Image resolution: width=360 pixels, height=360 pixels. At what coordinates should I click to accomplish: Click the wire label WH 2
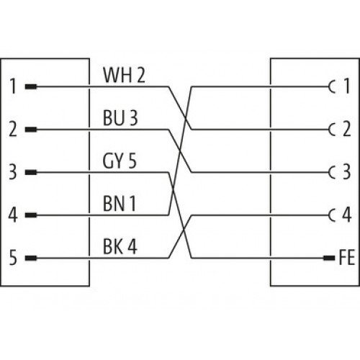coord(124,75)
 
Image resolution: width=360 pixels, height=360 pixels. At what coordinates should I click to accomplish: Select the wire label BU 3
coord(120,118)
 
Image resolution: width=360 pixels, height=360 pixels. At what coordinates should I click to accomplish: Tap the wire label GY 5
coord(120,161)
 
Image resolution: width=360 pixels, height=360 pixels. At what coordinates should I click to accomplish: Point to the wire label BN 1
coord(120,204)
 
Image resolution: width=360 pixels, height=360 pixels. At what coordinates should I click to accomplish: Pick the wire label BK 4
coord(120,246)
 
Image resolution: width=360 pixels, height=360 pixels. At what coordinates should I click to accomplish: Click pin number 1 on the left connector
coord(13,86)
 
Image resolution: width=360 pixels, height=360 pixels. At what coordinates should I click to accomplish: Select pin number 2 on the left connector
coord(13,129)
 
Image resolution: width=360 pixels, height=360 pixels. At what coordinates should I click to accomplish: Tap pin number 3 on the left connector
coord(13,172)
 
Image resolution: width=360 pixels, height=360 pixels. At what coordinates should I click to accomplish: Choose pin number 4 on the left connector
coord(13,215)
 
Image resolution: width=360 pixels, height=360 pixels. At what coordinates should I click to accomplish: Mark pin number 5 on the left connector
coord(13,258)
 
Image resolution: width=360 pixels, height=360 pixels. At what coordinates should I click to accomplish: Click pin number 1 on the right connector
coord(347,86)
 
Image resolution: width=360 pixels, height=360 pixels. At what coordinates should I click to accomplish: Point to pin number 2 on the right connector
coord(347,129)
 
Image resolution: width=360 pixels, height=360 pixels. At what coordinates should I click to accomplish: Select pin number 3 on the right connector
coord(347,171)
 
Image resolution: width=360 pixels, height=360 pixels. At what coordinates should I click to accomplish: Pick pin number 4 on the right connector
coord(347,215)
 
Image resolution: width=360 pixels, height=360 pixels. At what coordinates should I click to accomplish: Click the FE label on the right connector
coord(347,257)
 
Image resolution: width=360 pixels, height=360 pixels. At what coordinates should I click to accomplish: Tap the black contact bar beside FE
coord(329,258)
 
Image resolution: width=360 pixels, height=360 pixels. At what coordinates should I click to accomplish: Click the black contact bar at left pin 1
coord(31,86)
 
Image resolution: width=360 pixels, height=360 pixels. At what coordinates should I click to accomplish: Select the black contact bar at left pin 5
coord(31,258)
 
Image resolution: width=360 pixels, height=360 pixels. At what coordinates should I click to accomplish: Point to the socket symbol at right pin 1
coord(332,86)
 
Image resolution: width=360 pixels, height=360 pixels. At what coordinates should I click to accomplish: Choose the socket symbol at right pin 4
coord(332,215)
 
